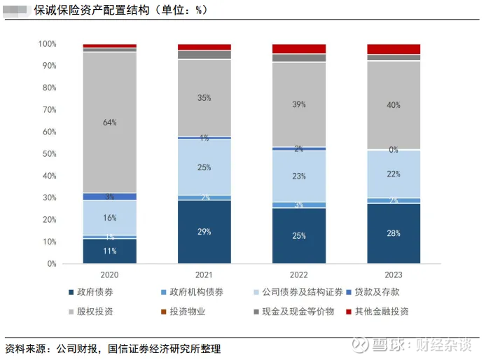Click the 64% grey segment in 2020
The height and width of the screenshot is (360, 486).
pos(109,122)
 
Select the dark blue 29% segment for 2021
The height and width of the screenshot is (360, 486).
pos(204,232)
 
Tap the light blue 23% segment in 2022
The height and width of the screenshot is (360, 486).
pos(299,176)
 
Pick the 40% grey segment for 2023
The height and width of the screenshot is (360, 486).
pos(394,105)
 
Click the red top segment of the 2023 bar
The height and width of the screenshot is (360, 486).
pos(394,49)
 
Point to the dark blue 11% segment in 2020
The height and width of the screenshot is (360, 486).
pos(109,251)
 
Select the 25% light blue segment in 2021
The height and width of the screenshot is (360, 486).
pos(204,167)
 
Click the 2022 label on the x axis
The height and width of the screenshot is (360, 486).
pos(299,275)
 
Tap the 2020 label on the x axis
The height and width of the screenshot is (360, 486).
pos(109,275)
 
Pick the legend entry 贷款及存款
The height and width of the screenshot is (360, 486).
pos(377,292)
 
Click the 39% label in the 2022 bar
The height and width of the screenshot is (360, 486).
pos(299,104)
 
